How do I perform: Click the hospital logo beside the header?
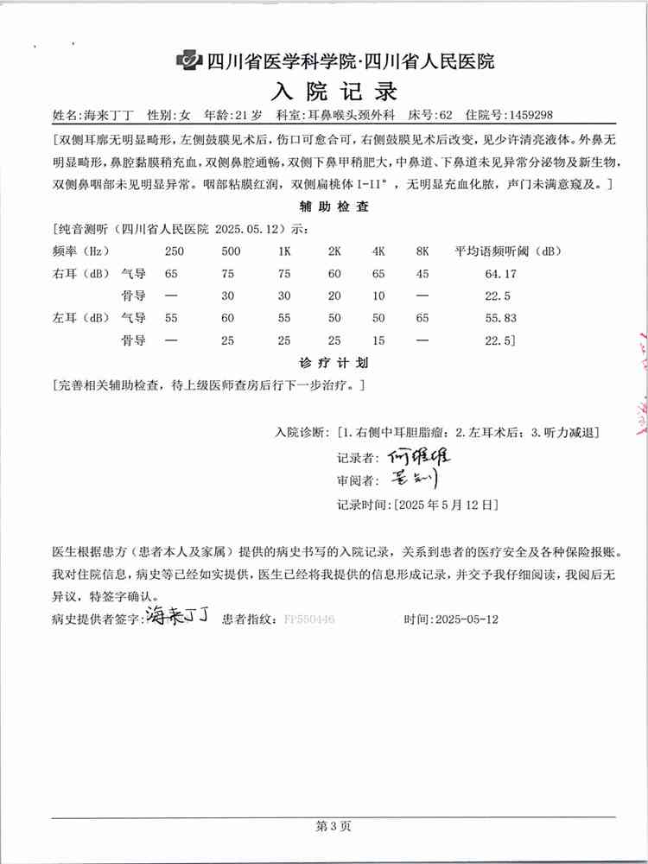coord(188,60)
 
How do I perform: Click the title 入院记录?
coord(335,90)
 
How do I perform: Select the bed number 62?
coord(447,114)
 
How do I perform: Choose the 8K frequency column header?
coord(422,252)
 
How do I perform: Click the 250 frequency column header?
coord(175,252)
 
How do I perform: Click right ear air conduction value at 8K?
coord(422,274)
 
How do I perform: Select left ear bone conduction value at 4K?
coord(378,340)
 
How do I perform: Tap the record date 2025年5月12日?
coord(446,503)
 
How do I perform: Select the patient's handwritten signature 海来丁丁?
coord(177,617)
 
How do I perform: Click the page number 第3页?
coord(334,827)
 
